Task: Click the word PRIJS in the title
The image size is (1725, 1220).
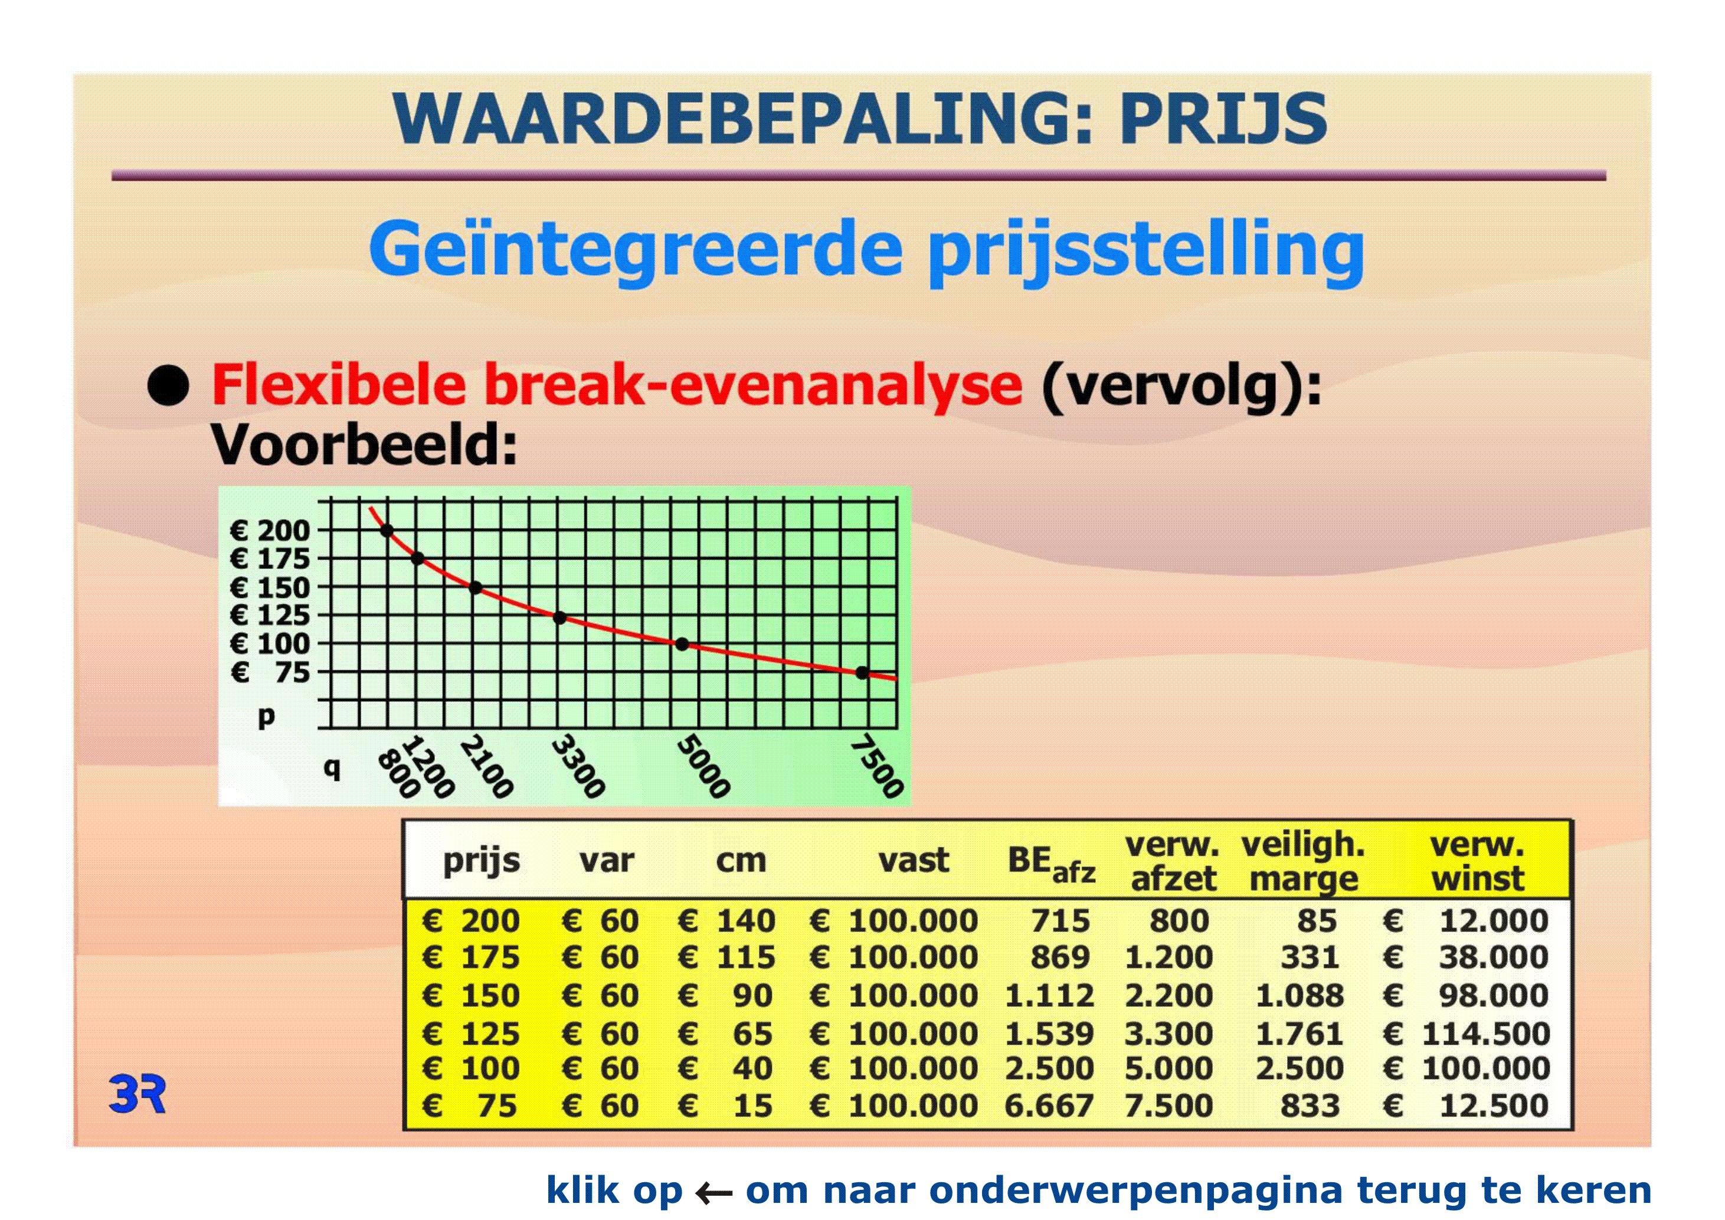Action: click(1224, 119)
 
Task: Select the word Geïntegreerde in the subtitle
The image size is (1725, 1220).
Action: click(636, 251)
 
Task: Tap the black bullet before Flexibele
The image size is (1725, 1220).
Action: click(168, 386)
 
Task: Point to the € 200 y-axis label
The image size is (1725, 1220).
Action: click(270, 531)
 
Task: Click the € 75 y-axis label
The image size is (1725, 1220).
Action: click(270, 672)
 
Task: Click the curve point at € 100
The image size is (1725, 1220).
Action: click(682, 644)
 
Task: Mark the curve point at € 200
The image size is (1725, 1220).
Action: click(387, 531)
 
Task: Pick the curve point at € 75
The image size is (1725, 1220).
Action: click(863, 672)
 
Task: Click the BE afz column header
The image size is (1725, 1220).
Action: click(1051, 864)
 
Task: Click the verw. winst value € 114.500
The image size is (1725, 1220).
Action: click(1466, 1033)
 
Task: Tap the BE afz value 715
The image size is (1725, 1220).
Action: click(1060, 921)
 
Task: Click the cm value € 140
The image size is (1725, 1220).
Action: click(726, 921)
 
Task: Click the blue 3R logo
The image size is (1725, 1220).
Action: click(137, 1093)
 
